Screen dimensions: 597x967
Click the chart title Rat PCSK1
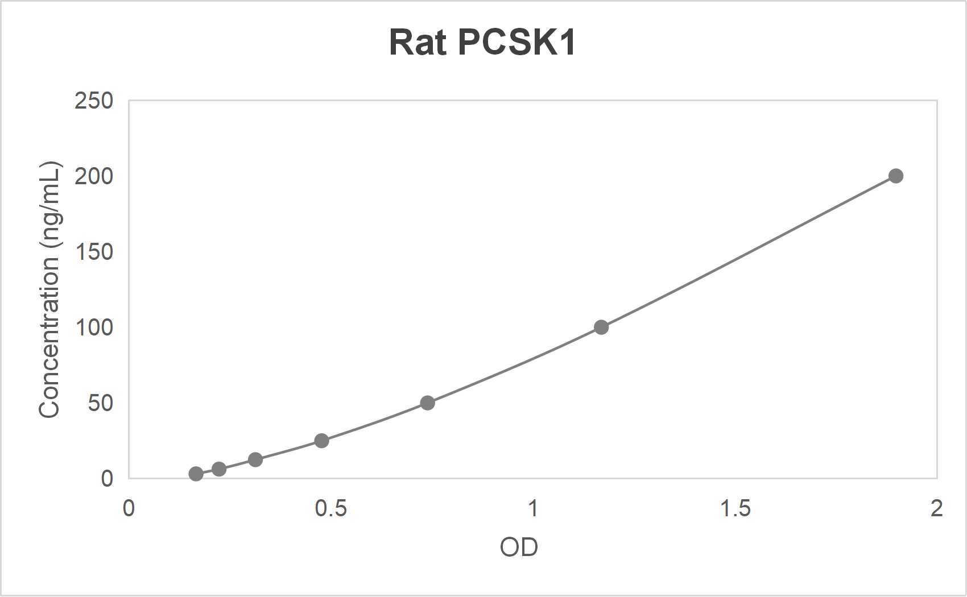click(482, 42)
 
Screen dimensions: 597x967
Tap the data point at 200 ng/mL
click(896, 176)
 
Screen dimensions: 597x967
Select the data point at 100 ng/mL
click(601, 327)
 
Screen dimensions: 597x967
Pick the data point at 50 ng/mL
click(427, 403)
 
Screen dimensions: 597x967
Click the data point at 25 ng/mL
click(321, 441)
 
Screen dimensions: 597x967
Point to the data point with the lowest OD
click(196, 474)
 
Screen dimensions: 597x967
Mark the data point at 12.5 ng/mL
click(255, 459)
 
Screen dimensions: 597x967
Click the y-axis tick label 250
click(94, 101)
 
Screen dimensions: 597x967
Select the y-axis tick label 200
click(94, 176)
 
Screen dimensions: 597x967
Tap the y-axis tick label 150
click(94, 252)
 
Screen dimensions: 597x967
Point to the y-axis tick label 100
click(94, 327)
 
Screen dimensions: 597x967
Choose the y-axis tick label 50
click(100, 403)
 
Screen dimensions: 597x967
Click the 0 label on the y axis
click(107, 479)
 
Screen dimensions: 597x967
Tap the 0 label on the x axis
click(129, 508)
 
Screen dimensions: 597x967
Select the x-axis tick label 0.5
click(330, 508)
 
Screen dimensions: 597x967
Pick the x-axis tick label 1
click(533, 508)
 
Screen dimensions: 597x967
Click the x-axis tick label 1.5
click(735, 508)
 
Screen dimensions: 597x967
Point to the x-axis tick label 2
click(936, 508)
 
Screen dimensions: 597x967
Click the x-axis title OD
click(519, 547)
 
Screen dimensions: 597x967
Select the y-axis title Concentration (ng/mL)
click(49, 290)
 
